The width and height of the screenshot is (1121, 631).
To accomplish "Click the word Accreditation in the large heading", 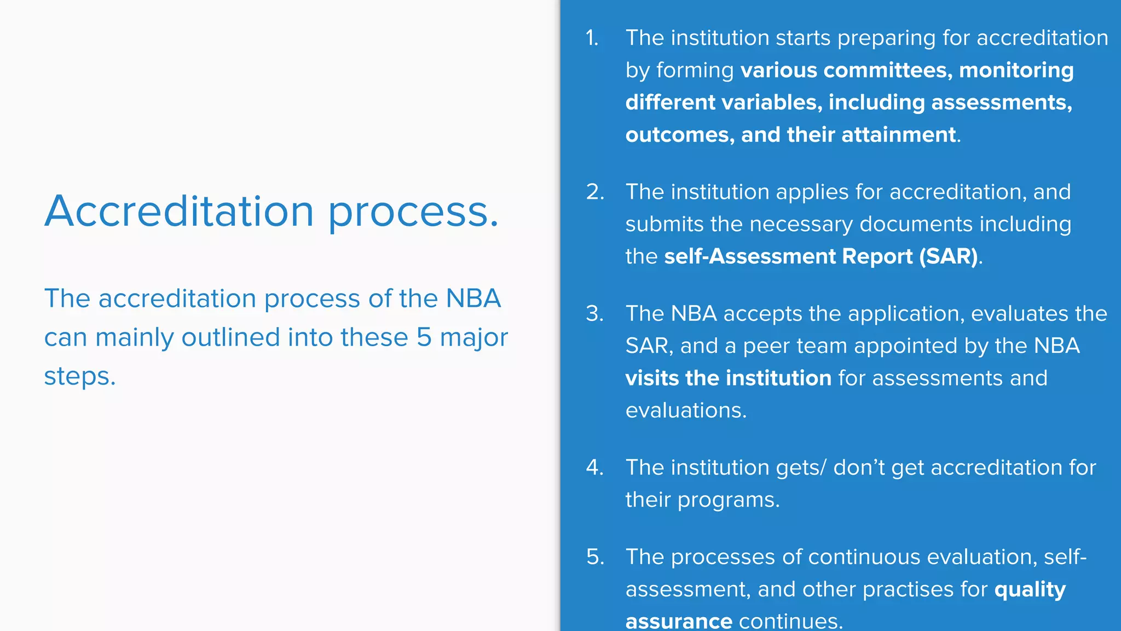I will [179, 211].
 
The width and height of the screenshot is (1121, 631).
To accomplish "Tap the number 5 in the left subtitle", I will [424, 337].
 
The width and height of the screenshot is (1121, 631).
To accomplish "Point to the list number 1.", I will [592, 38].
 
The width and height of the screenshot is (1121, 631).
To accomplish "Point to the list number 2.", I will [594, 192].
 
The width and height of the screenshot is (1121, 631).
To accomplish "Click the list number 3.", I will [594, 313].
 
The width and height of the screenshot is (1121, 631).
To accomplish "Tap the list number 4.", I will [594, 467].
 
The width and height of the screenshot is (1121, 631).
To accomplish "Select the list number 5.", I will [594, 557].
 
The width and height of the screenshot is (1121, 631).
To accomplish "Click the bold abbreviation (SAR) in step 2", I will [949, 256].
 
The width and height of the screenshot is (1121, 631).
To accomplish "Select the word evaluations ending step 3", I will [685, 410].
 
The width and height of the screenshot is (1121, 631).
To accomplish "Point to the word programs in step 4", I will [728, 500].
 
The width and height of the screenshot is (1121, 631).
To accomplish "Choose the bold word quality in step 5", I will [1030, 590].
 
